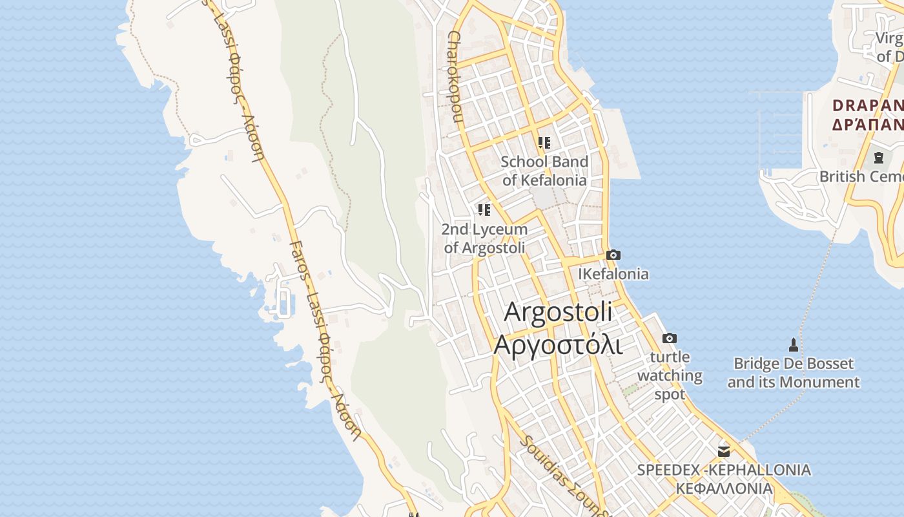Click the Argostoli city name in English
(x=558, y=312)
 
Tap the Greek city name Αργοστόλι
(x=558, y=344)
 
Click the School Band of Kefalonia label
(x=544, y=171)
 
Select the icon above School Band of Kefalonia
(x=544, y=142)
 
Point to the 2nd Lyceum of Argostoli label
(x=484, y=238)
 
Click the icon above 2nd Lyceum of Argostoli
(x=484, y=209)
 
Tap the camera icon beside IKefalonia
(x=613, y=255)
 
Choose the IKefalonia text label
(x=613, y=274)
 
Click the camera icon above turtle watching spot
(x=670, y=338)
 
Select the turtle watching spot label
(x=670, y=375)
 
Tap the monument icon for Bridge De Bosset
(x=794, y=345)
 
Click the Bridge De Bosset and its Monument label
(x=794, y=373)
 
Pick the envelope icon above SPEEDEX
(x=724, y=451)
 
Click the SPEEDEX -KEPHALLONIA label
(x=724, y=470)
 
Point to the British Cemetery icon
(x=878, y=157)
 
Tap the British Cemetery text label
(x=861, y=176)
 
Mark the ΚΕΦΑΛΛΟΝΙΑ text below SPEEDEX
(x=724, y=488)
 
